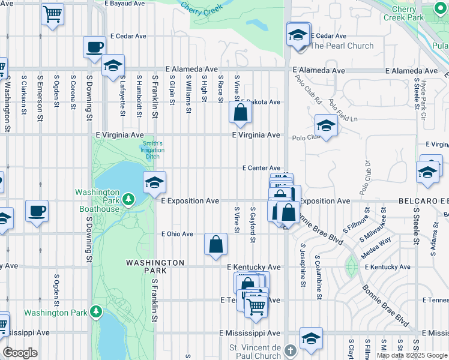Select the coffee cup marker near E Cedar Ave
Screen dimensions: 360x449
94,47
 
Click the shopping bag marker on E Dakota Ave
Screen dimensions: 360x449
240,113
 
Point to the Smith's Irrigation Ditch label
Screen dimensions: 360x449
152,150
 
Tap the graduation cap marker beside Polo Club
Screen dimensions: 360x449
326,126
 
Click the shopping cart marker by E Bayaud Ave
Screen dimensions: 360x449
53,13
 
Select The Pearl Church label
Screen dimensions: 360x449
342,46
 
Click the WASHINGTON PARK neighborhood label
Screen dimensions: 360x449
155,266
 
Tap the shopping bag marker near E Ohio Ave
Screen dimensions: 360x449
216,244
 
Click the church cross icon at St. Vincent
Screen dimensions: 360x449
290,350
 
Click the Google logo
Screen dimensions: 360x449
20,353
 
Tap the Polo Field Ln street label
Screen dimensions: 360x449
343,112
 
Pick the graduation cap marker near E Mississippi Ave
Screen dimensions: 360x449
311,338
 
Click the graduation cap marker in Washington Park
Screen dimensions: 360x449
154,182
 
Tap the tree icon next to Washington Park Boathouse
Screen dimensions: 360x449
127,199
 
